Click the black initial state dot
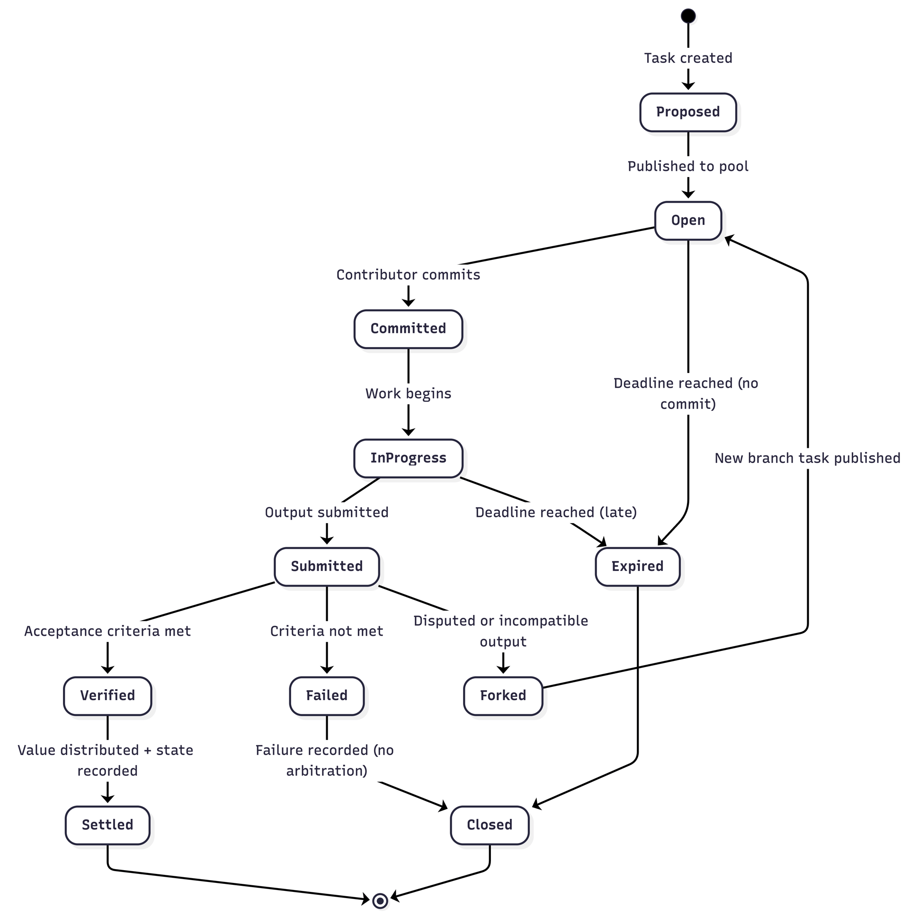688,16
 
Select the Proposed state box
688,112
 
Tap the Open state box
688,220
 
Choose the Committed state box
408,329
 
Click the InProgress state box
408,458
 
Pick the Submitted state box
327,566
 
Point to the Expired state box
637,566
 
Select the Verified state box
107,695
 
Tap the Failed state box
327,695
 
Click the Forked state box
503,695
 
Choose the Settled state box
107,825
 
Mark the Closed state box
490,825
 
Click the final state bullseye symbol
380,900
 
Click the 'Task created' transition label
688,58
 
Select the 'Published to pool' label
688,166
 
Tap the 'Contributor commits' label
408,275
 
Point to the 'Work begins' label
408,393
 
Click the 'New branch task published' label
807,458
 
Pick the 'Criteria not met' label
327,631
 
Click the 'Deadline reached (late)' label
556,512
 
